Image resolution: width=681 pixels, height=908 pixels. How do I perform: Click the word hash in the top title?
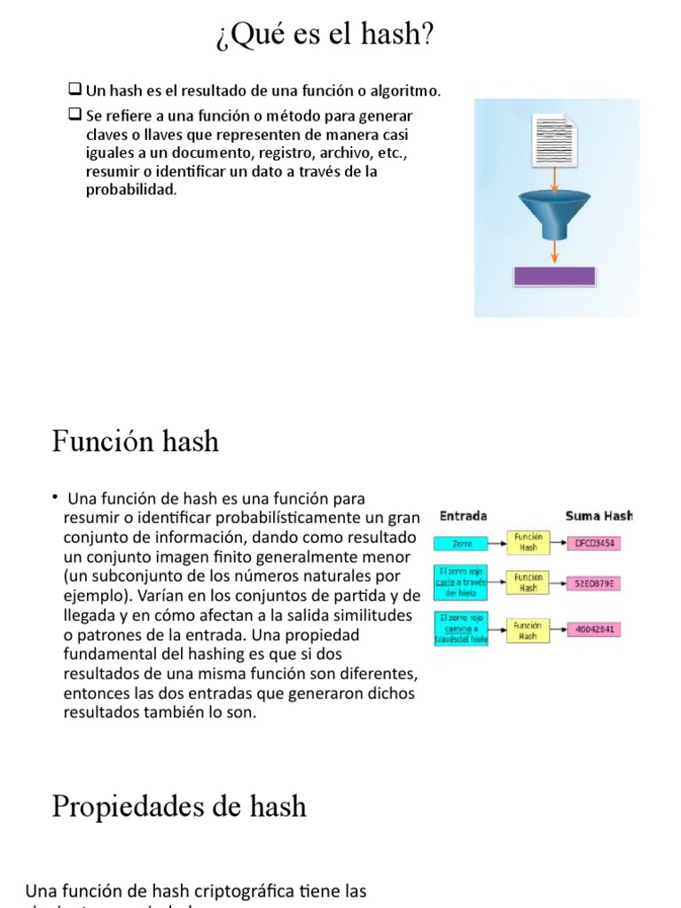pyautogui.click(x=397, y=35)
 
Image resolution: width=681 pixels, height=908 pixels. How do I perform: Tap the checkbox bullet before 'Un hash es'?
pyautogui.click(x=75, y=90)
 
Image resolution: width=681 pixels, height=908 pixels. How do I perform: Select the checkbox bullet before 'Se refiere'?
pyautogui.click(x=75, y=114)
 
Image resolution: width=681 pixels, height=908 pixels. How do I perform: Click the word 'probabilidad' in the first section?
pyautogui.click(x=130, y=190)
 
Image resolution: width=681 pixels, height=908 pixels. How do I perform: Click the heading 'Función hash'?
pyautogui.click(x=135, y=441)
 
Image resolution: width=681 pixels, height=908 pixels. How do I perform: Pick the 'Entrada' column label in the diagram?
pyautogui.click(x=463, y=516)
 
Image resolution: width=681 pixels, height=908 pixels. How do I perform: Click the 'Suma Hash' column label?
pyautogui.click(x=599, y=516)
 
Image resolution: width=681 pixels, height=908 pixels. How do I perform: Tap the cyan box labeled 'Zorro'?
pyautogui.click(x=461, y=543)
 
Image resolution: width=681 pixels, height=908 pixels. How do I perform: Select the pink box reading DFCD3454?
pyautogui.click(x=594, y=543)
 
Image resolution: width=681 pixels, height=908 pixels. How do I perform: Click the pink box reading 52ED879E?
pyautogui.click(x=594, y=583)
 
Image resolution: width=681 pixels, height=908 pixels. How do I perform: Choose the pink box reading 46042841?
pyautogui.click(x=594, y=630)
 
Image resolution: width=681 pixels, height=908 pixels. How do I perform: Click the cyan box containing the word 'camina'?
pyautogui.click(x=461, y=630)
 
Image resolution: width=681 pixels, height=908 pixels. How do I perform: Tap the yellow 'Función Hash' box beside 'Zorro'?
pyautogui.click(x=528, y=543)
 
